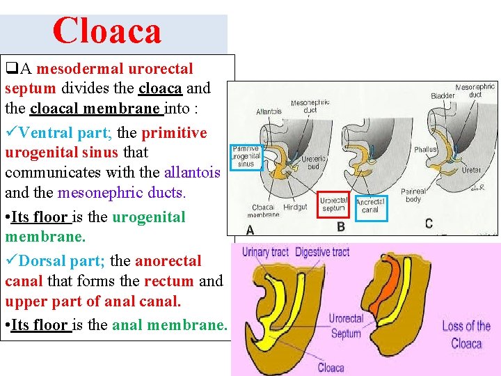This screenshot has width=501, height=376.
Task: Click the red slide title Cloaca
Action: click(x=107, y=31)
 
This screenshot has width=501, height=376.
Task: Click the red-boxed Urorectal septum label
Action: click(x=333, y=204)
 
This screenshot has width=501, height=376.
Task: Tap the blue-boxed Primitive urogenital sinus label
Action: click(x=246, y=157)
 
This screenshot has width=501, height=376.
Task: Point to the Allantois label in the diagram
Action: click(x=269, y=111)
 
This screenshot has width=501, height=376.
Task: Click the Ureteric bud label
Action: click(x=315, y=163)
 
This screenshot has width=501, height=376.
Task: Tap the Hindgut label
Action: click(x=295, y=207)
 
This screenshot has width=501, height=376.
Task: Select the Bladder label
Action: click(x=443, y=96)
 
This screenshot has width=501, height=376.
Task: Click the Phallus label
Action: click(x=424, y=149)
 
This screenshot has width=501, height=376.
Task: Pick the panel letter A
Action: click(x=249, y=229)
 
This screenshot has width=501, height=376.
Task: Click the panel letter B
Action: click(x=341, y=226)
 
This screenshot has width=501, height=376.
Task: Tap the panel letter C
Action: click(x=429, y=224)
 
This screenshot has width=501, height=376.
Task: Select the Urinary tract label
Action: click(x=265, y=252)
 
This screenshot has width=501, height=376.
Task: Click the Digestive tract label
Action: click(x=322, y=252)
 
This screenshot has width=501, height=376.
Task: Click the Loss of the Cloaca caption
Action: click(x=466, y=334)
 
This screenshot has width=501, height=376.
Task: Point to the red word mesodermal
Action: click(x=80, y=69)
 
